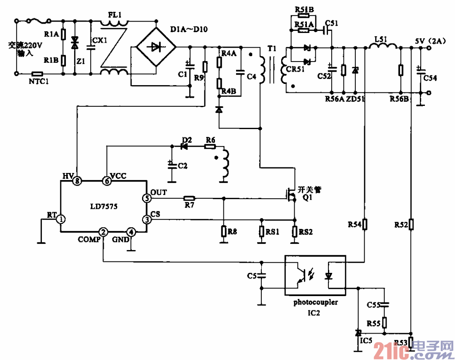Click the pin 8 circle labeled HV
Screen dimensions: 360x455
pyautogui.click(x=77, y=180)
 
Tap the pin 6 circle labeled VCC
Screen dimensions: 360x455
pyautogui.click(x=107, y=180)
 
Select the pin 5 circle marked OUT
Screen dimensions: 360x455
pyautogui.click(x=146, y=198)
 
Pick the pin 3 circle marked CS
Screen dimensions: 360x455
pyautogui.click(x=146, y=220)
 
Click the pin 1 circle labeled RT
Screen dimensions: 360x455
pyautogui.click(x=61, y=220)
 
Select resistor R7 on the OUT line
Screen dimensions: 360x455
pyautogui.click(x=189, y=198)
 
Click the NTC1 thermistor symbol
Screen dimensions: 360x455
pyautogui.click(x=37, y=74)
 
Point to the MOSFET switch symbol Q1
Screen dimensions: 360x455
pyautogui.click(x=291, y=194)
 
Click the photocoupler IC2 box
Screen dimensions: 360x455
pyautogui.click(x=315, y=275)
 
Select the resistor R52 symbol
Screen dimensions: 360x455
pyautogui.click(x=411, y=224)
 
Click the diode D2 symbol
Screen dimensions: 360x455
pyautogui.click(x=186, y=146)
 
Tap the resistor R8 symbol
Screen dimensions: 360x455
pyautogui.click(x=223, y=231)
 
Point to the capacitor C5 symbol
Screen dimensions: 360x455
pyautogui.click(x=262, y=276)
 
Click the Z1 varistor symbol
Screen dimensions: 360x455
pyautogui.click(x=74, y=43)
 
